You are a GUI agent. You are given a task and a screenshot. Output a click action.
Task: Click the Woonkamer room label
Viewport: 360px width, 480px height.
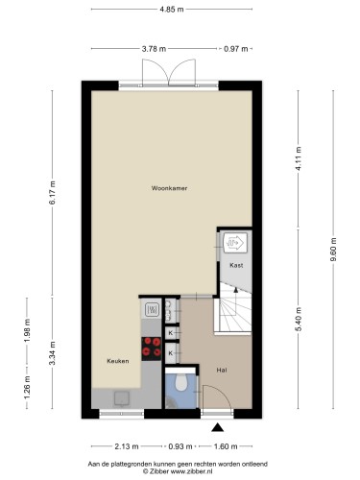click(169, 188)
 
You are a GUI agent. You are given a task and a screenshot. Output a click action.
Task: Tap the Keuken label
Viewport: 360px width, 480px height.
click(118, 361)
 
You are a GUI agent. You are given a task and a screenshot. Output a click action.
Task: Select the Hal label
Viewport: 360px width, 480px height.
click(222, 371)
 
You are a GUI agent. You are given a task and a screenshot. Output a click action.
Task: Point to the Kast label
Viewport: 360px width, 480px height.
click(236, 265)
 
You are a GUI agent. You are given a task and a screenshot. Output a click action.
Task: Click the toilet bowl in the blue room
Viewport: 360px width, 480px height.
click(181, 382)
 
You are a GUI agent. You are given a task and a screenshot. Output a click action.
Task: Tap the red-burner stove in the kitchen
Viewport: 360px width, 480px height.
click(152, 348)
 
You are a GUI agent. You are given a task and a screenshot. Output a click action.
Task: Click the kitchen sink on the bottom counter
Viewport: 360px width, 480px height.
click(122, 398)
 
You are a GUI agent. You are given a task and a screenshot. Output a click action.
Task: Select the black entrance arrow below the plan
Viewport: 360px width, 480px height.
click(217, 427)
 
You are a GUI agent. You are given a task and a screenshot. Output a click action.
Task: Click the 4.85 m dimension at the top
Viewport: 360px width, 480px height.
click(172, 10)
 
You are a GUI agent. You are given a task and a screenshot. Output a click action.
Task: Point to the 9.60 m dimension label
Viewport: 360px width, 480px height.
click(333, 250)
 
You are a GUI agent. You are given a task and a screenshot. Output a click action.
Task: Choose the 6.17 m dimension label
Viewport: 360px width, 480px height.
click(53, 193)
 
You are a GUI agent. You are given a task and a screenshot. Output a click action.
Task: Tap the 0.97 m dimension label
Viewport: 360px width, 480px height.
click(236, 49)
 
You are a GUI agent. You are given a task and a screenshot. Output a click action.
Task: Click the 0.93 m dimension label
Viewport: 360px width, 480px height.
click(180, 446)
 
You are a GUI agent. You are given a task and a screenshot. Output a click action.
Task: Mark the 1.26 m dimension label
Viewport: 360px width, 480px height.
click(27, 387)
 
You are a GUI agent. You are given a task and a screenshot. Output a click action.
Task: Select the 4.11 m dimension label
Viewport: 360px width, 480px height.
click(299, 158)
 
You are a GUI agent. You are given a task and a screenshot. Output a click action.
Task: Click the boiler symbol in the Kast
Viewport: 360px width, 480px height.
click(235, 243)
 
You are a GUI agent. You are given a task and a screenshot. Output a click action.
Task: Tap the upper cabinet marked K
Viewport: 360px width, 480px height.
click(170, 333)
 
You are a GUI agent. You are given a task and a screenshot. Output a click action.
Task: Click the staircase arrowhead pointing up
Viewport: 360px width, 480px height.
click(236, 290)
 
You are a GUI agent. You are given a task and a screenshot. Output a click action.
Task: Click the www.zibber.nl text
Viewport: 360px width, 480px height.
click(191, 471)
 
